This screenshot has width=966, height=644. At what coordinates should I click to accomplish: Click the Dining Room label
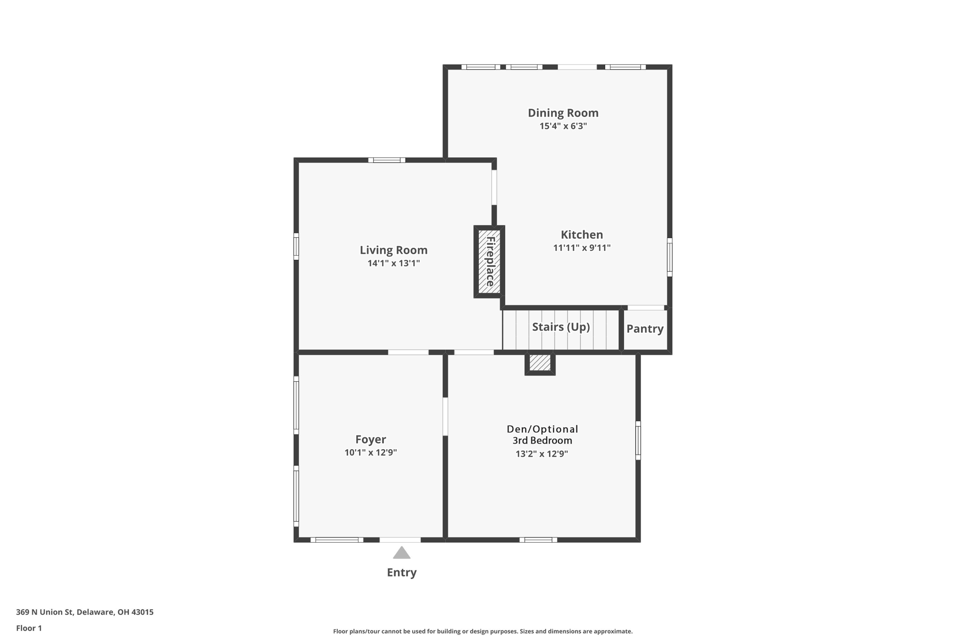click(x=563, y=113)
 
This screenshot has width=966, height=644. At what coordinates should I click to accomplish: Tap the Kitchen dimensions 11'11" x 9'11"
click(x=582, y=248)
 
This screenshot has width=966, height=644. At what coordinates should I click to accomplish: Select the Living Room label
click(x=393, y=250)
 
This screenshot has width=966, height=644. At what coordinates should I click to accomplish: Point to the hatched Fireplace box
click(x=489, y=261)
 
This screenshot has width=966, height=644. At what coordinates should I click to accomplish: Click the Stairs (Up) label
click(x=561, y=327)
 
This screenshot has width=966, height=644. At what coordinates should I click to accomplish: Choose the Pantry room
click(x=645, y=329)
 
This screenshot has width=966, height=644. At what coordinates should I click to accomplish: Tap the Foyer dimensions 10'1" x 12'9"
click(x=370, y=452)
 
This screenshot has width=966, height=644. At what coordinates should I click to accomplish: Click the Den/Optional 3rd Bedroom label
click(x=542, y=435)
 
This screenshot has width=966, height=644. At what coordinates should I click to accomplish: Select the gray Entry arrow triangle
click(x=401, y=553)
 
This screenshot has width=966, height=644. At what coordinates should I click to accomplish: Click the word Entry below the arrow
click(x=401, y=572)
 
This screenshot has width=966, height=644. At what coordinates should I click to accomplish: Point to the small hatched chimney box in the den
click(x=540, y=363)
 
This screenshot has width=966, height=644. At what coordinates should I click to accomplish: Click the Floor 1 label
click(x=29, y=628)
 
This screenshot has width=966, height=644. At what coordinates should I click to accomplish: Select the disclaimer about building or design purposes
click(x=483, y=631)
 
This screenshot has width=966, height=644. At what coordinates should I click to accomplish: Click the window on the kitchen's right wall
click(x=669, y=257)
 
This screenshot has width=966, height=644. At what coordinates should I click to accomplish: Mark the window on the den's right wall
click(x=638, y=440)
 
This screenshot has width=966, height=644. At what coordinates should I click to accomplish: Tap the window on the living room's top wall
click(x=386, y=160)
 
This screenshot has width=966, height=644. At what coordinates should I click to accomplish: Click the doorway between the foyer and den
click(x=445, y=417)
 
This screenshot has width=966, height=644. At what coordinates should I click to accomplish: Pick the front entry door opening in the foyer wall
click(x=400, y=540)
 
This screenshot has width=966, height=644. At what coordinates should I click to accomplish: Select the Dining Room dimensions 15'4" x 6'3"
click(x=563, y=126)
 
